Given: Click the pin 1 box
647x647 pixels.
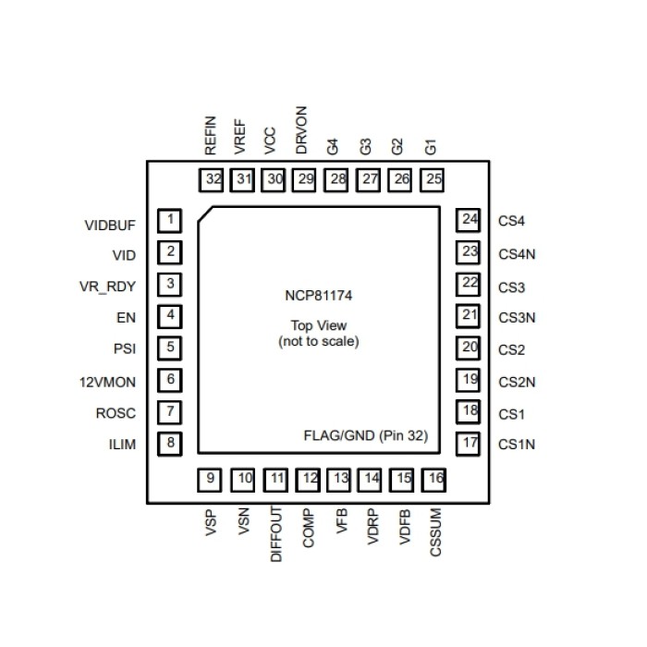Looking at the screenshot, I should pos(170,221).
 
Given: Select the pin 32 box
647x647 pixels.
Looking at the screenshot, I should pos(214,178).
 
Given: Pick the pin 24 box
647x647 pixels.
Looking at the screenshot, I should pos(470,220).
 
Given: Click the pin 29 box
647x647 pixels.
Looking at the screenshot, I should pos(305,178).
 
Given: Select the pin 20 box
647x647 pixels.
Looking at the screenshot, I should pos(470,348).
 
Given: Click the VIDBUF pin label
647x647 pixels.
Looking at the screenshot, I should pos(109,226).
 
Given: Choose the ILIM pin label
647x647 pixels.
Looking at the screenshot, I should pos(121,445).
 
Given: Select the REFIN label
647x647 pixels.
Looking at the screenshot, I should pos(211,134).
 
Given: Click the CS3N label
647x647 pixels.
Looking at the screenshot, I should pos(517,317).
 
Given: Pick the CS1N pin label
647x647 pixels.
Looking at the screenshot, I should pos(517,445).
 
